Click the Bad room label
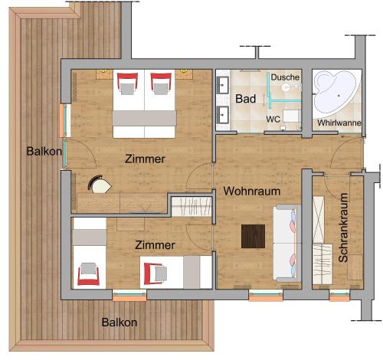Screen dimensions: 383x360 245,99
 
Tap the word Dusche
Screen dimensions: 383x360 285,77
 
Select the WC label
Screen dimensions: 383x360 273,119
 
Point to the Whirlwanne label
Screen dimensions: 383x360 339,123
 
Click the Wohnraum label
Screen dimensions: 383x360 252,191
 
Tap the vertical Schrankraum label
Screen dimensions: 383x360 343,227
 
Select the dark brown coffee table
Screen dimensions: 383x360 253,236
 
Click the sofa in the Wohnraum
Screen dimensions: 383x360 287,244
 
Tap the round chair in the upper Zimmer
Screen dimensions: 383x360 99,184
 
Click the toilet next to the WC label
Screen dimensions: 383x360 292,116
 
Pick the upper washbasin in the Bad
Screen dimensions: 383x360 223,85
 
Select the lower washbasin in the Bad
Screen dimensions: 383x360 223,115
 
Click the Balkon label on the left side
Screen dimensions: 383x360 44,152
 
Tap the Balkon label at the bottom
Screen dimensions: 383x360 119,322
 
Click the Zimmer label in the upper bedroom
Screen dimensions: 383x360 145,159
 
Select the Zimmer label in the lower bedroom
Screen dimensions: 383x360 155,245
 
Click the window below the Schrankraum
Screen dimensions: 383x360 339,296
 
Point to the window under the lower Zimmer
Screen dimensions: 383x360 129,296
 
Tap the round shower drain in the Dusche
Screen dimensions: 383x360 286,87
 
